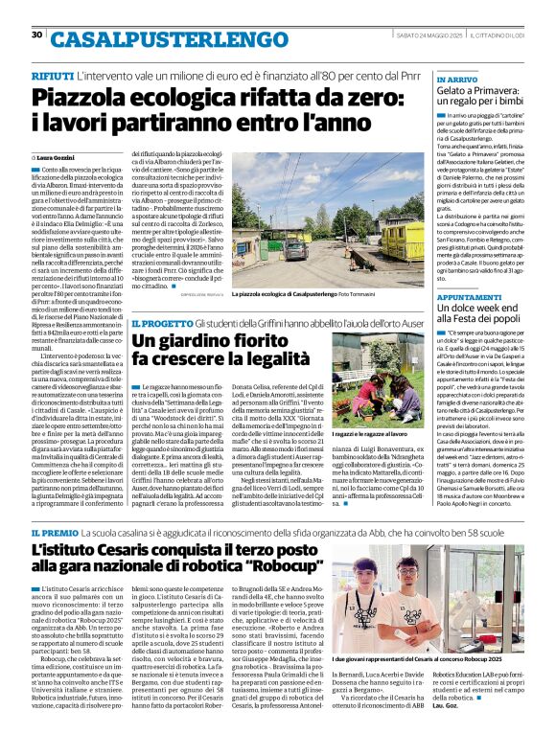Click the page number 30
[36, 34]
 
